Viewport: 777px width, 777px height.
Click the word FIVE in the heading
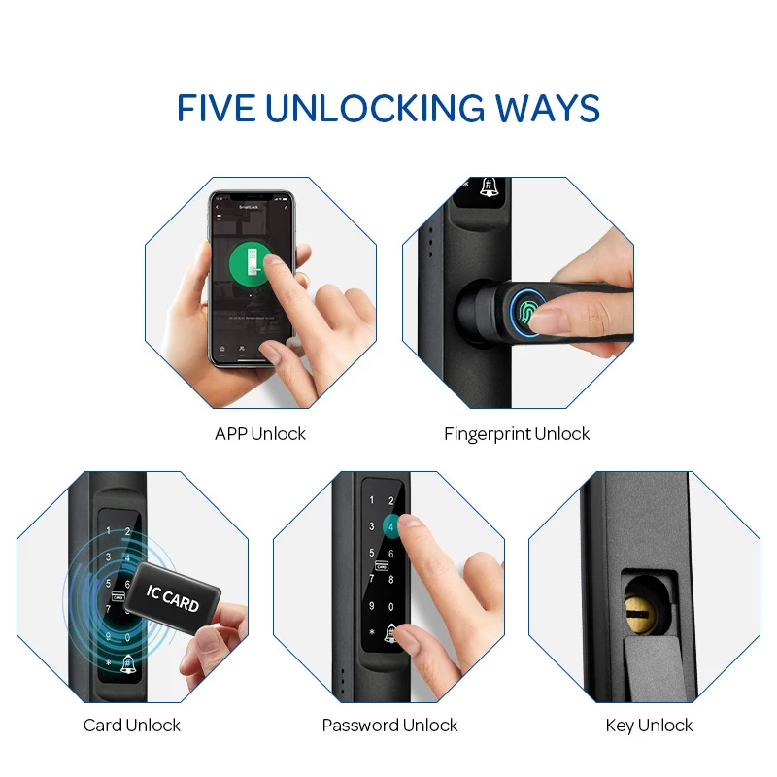click(215, 108)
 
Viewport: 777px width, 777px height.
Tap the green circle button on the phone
click(251, 262)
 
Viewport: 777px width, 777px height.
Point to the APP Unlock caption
click(260, 434)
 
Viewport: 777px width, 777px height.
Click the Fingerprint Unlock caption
click(517, 434)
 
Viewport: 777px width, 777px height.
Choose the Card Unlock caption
click(132, 726)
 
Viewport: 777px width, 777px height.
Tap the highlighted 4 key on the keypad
click(391, 527)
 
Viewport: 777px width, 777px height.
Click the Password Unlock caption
click(389, 726)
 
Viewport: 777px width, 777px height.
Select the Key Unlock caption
click(649, 726)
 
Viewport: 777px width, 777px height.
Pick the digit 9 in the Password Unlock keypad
click(370, 608)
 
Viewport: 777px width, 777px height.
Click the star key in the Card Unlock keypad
click(109, 664)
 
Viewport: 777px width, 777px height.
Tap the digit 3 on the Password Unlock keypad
click(370, 527)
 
